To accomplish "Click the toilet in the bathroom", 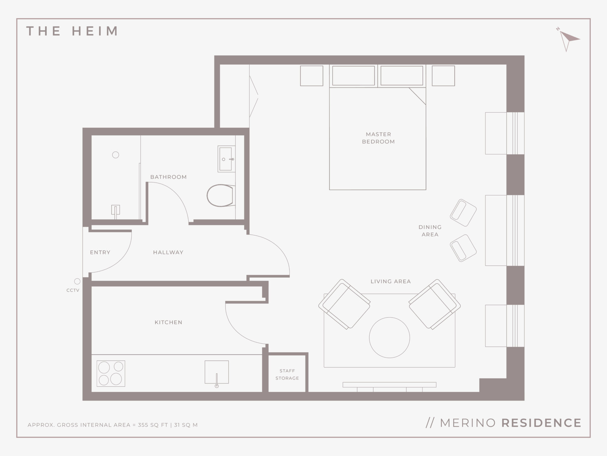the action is coord(221,195).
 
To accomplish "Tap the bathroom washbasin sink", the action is coord(226,159).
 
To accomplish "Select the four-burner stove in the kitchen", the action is coord(111,373).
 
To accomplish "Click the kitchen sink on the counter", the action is coord(216,372).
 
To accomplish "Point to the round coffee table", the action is coord(389,338).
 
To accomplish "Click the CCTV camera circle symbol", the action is coord(77,281).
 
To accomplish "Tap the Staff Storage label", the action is coord(287,374).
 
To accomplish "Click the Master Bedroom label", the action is coord(378,138).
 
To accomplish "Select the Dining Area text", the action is coord(430,231).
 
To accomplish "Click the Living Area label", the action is coord(391,281).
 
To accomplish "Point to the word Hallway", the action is coord(168,252).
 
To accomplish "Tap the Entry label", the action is coord(100,252).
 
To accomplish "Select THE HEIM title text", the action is coord(72,31).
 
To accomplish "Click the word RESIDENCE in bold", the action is coord(541,423).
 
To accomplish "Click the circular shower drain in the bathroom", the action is coord(116,155).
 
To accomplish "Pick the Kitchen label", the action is coord(168,322).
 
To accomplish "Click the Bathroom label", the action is coord(168,177).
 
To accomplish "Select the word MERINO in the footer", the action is coord(468,423).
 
